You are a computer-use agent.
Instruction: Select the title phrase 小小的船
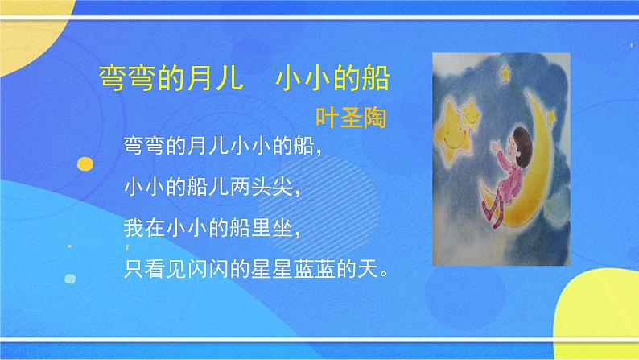coord(332,81)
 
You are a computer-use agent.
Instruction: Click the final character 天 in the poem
coord(373,267)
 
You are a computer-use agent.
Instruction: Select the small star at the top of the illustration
coord(506,75)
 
